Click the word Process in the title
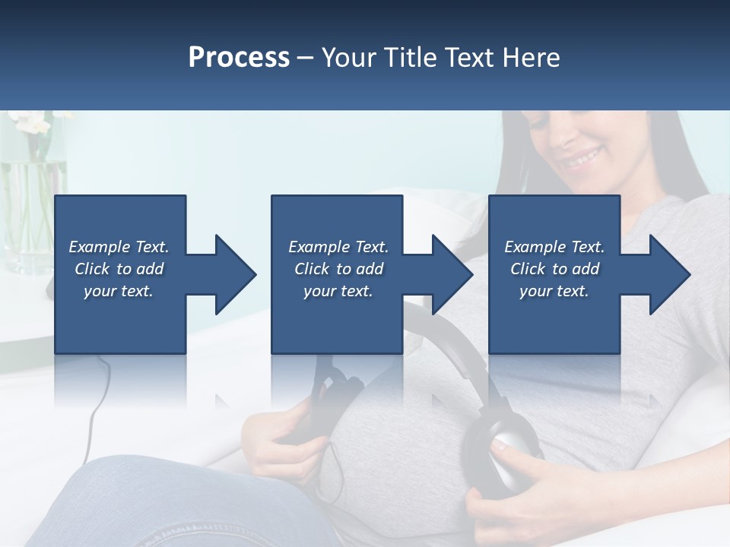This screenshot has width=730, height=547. coord(239,58)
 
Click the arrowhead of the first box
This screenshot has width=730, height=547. coord(235,274)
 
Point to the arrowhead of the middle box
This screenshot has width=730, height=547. coord(452,274)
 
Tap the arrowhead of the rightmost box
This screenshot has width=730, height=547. coord(669,274)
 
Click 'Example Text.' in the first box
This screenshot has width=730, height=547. coord(119,247)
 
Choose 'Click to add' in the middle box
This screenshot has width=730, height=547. coord(338,269)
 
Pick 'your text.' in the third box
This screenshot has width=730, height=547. coord(554,291)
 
